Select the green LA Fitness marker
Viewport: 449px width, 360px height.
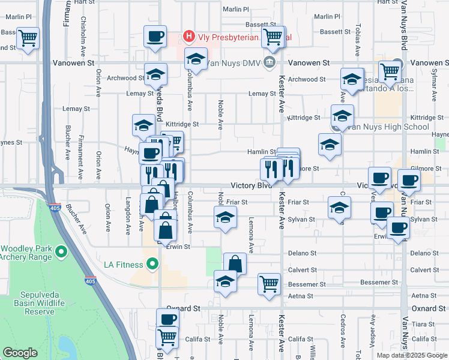coord(152,264)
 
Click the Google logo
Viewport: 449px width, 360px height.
coord(20,353)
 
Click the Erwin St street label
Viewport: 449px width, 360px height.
coord(178,247)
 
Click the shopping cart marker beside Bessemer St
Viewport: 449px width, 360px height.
coord(270,284)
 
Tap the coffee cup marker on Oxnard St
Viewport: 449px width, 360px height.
coord(168,319)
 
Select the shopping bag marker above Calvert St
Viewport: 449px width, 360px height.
coord(235,263)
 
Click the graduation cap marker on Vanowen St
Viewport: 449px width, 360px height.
coord(195,59)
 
